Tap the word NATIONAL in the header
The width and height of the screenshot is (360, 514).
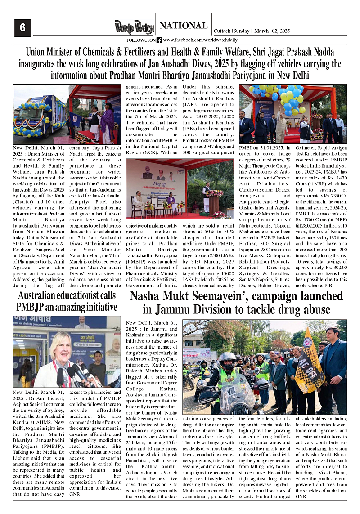183,26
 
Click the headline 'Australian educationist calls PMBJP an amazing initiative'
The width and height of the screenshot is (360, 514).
67,301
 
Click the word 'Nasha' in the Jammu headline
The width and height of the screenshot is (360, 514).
148,296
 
